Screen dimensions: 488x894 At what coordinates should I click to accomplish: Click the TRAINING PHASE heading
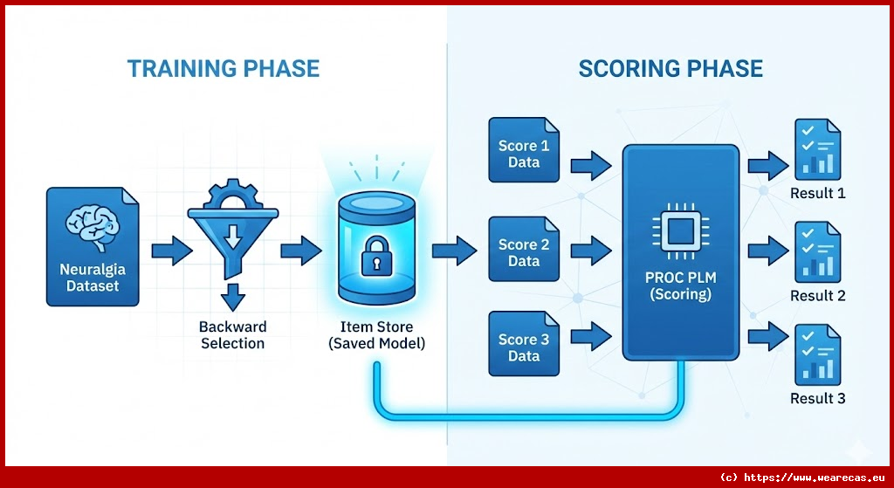coord(223,69)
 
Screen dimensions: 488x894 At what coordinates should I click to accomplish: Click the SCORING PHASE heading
coord(670,69)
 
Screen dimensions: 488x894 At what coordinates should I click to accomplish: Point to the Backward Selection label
coord(232,335)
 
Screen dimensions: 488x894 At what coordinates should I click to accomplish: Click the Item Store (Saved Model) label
coord(376,335)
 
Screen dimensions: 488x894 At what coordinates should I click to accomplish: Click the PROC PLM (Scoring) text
coord(680,286)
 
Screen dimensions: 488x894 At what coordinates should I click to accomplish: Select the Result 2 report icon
coord(817,253)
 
